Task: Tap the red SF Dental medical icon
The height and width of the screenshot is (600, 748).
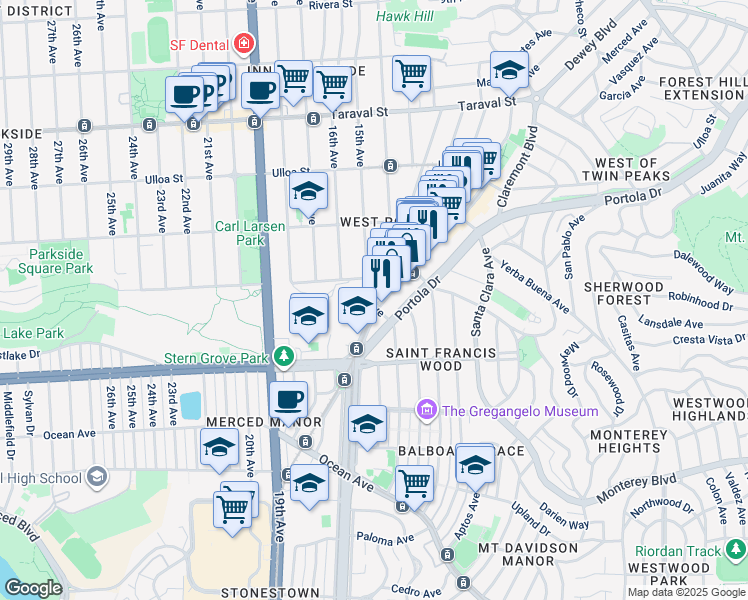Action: (243, 44)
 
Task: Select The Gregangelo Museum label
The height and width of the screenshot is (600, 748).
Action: (520, 410)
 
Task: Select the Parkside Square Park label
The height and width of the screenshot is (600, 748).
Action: (61, 262)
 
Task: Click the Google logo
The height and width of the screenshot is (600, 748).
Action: (33, 588)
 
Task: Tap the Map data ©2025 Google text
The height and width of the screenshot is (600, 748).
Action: (686, 592)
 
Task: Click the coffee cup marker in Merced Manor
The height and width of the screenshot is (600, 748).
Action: (288, 399)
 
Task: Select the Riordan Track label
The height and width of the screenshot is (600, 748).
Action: (678, 550)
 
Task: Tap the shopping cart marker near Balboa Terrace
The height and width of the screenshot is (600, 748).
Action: (414, 484)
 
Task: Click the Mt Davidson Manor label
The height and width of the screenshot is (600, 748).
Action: (513, 555)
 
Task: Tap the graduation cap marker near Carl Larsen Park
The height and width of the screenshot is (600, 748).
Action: (308, 189)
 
